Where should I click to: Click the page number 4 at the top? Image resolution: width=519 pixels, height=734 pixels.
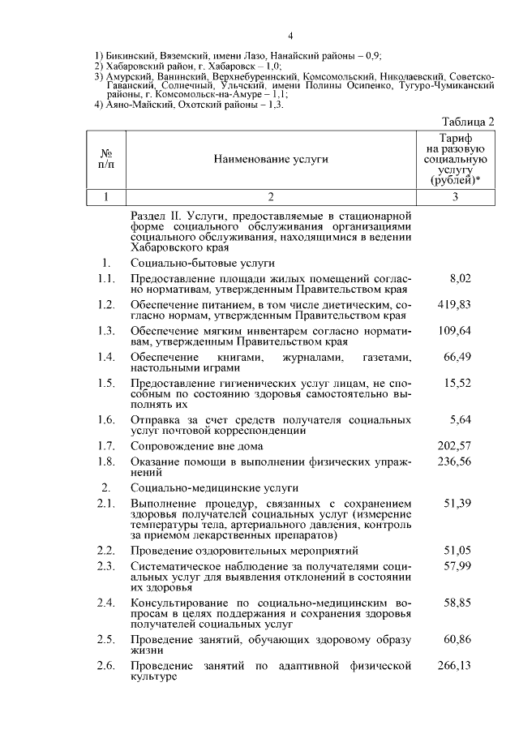tap(290, 36)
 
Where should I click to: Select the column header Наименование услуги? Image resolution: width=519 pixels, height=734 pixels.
tap(271, 160)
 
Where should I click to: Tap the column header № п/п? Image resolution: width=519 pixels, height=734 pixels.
tap(105, 159)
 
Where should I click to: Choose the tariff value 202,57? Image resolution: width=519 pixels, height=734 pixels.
tap(454, 445)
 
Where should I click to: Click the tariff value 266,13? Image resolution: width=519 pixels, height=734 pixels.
tap(454, 665)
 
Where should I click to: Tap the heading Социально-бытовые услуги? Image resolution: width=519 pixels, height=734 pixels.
tap(202, 264)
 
